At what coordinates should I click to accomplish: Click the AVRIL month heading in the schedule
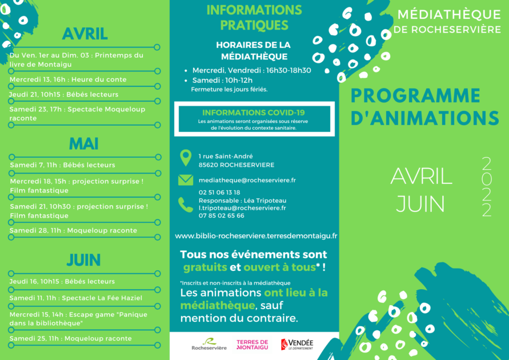85,34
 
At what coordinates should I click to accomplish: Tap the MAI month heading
84,144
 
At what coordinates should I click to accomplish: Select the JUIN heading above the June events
83,260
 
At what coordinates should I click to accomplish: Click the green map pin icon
186,158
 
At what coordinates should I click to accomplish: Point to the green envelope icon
186,180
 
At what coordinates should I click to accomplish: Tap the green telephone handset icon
186,205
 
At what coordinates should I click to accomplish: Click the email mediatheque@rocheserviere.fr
247,180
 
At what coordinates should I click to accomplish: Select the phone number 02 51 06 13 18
219,193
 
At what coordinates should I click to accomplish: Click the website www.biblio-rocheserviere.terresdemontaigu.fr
256,236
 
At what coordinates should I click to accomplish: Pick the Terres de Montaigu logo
253,345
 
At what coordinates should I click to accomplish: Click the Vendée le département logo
297,345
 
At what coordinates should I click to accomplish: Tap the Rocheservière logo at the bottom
209,345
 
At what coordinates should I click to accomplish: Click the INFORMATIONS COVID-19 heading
254,113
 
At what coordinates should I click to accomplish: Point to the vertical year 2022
487,187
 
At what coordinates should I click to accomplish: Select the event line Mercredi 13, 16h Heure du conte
68,79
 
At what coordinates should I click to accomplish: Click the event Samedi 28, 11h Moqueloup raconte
73,230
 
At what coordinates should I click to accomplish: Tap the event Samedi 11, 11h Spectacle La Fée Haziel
76,298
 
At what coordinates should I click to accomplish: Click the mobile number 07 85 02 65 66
222,215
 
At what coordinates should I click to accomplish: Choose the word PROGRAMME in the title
415,96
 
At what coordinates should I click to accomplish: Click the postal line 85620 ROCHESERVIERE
237,165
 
